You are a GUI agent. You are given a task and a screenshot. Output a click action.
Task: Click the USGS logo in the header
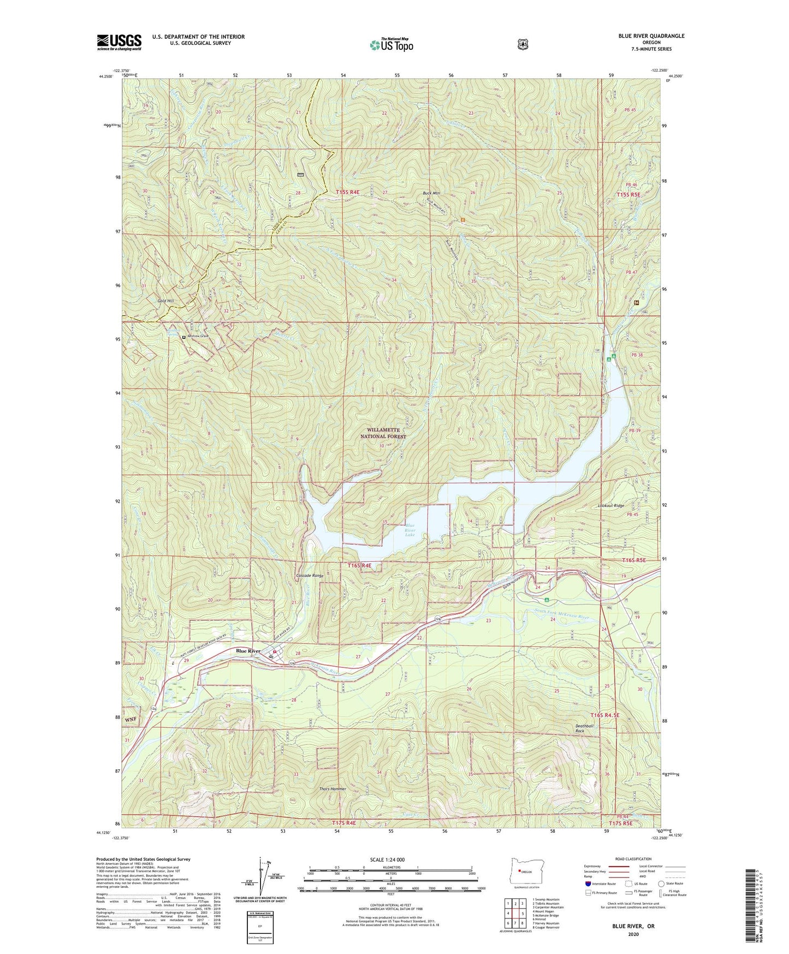coord(119,42)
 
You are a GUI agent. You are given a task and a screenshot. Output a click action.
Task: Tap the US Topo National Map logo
coord(391,45)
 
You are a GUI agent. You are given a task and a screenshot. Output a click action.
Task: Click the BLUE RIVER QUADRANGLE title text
coord(651,36)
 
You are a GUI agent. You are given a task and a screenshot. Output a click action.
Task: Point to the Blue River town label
coord(248,651)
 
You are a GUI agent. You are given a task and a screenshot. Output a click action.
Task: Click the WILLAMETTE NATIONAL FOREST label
coord(383,433)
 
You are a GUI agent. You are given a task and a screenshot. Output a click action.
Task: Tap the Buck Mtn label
coord(431,193)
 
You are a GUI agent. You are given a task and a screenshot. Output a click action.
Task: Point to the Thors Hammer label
coord(333,789)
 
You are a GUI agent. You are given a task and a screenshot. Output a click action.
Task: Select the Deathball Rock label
coord(584,728)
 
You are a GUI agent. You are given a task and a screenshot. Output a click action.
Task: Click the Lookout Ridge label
coord(611,506)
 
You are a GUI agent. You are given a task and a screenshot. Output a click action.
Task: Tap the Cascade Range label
coord(310,575)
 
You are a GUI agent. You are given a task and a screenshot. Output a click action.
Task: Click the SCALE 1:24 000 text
coord(387,859)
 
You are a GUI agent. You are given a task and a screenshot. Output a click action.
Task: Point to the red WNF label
coord(132,719)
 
